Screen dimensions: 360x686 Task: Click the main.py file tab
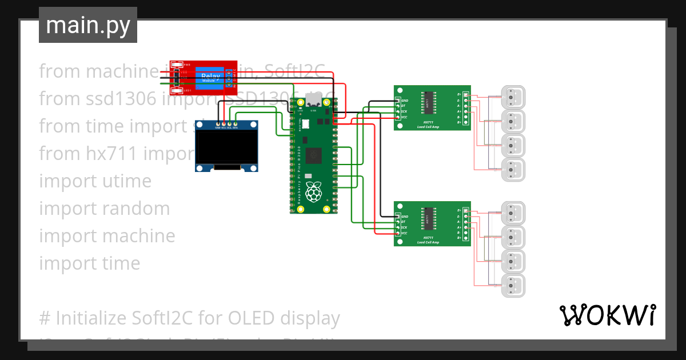pyautogui.click(x=87, y=25)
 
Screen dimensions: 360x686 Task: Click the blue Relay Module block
pyautogui.click(x=210, y=78)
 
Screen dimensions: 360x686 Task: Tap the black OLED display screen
pyautogui.click(x=226, y=146)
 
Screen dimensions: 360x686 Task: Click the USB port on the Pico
pyautogui.click(x=312, y=103)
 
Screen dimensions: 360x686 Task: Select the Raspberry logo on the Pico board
pyautogui.click(x=313, y=193)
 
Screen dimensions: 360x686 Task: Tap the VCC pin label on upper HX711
pyautogui.click(x=404, y=117)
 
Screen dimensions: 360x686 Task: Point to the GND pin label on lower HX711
pyautogui.click(x=404, y=217)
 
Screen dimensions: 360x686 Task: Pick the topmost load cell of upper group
pyautogui.click(x=513, y=97)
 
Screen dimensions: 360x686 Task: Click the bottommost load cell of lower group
pyautogui.click(x=513, y=285)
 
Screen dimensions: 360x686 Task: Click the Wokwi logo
pyautogui.click(x=607, y=315)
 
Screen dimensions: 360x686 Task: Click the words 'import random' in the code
pyautogui.click(x=104, y=209)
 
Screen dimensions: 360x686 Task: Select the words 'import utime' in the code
pyautogui.click(x=95, y=181)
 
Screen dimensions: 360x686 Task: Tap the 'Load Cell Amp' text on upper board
pyautogui.click(x=428, y=126)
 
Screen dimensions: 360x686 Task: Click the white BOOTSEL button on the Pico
pyautogui.click(x=305, y=123)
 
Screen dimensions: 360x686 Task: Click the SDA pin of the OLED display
pyautogui.click(x=236, y=124)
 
